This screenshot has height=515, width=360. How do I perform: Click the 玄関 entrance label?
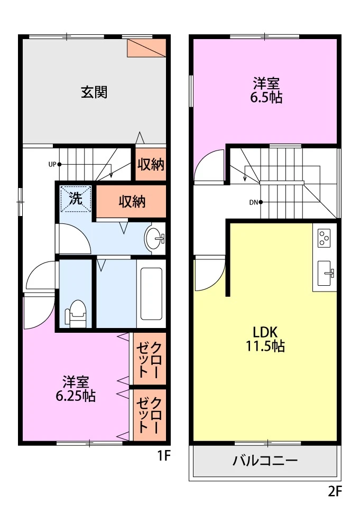94,92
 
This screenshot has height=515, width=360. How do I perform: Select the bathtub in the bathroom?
151,294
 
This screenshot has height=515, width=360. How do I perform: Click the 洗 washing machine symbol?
76,199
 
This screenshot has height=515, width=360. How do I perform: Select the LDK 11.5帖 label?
265,339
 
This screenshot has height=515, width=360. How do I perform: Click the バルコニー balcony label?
265,461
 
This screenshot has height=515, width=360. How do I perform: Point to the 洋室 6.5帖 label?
266,90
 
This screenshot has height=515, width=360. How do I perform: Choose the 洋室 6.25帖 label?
76,389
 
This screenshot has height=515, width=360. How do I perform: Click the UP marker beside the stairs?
54,164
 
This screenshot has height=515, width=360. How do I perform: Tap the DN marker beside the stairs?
256,202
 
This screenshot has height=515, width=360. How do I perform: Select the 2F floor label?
335,492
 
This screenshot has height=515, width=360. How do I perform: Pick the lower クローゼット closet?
150,415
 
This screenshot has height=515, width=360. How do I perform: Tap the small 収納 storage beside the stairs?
151,164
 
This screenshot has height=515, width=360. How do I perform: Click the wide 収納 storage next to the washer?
131,201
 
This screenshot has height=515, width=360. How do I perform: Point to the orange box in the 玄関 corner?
146,48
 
